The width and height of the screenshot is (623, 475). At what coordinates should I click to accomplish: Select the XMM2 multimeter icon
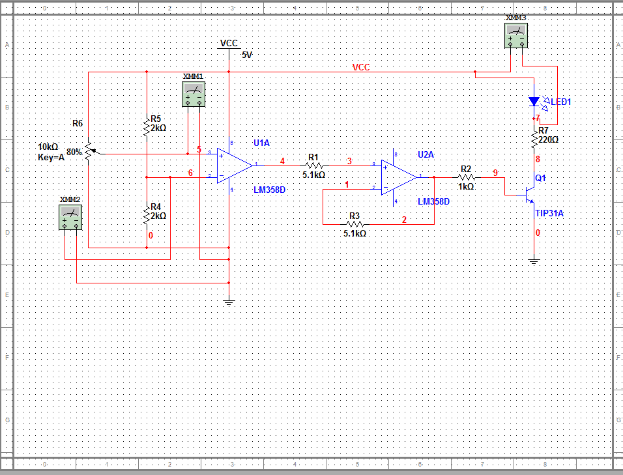coord(70,216)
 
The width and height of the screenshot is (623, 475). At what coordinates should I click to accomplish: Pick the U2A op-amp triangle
coord(399,177)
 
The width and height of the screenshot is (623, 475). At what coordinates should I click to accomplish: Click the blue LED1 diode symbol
coord(534,102)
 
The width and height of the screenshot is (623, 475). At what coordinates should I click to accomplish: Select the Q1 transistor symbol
coord(529,194)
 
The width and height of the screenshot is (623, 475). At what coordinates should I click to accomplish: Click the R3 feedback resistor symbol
coord(355,223)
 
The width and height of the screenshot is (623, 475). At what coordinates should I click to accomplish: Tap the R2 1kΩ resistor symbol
coord(466,177)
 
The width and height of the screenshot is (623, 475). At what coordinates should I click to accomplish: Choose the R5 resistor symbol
coord(147,127)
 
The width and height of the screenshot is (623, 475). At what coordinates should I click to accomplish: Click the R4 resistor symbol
coord(147,215)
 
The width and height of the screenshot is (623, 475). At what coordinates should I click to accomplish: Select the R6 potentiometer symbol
coord(88,151)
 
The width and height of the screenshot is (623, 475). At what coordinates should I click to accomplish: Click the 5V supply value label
coord(246,55)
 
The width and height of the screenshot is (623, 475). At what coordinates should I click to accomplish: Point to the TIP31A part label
coord(549,213)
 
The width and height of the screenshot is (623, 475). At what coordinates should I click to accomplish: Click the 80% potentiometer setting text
coord(74,151)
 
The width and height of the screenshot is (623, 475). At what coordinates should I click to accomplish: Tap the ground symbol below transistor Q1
coord(534,261)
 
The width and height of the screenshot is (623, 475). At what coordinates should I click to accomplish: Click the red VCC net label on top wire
coord(361,67)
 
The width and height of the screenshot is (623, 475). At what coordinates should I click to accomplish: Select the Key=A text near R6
coord(51,157)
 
